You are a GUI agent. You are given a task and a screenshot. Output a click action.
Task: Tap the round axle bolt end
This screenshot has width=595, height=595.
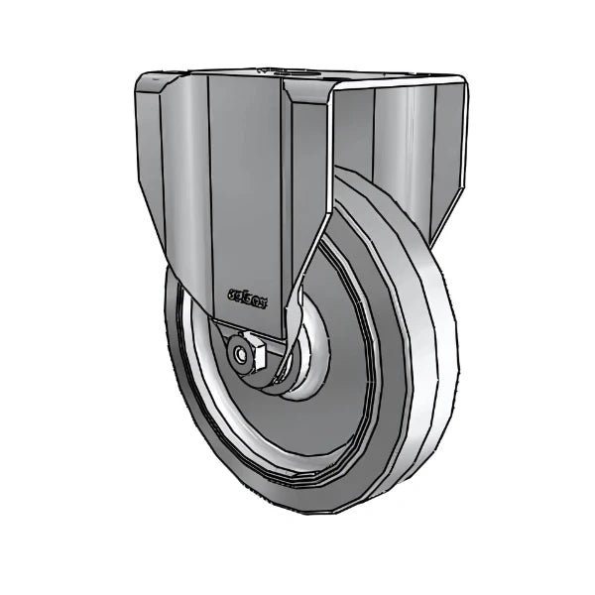tap(240, 354)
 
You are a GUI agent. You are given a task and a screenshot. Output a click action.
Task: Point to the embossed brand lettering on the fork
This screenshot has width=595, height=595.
tap(246, 295)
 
